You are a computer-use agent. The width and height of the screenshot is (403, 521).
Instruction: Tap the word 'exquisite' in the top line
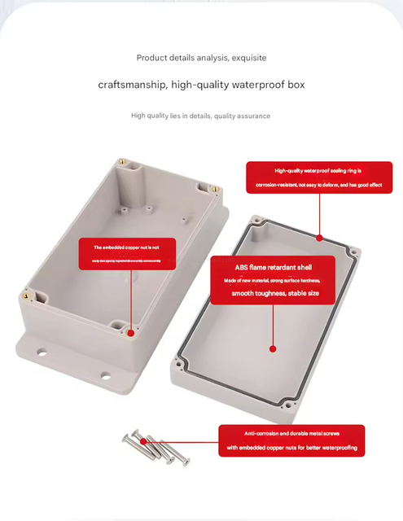click(248, 58)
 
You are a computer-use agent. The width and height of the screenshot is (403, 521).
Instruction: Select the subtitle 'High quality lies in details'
click(171, 116)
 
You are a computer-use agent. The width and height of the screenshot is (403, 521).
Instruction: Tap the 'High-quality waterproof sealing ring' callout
click(318, 177)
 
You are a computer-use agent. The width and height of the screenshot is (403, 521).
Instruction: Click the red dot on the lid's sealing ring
click(319, 239)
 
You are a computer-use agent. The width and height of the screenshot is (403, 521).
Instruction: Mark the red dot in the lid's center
click(273, 348)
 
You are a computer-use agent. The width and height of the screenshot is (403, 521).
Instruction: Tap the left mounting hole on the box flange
click(39, 353)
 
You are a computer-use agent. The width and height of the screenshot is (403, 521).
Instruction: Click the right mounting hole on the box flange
click(105, 375)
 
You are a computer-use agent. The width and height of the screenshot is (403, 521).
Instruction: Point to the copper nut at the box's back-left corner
click(122, 162)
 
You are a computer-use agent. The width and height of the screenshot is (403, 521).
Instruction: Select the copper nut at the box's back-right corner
click(214, 189)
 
